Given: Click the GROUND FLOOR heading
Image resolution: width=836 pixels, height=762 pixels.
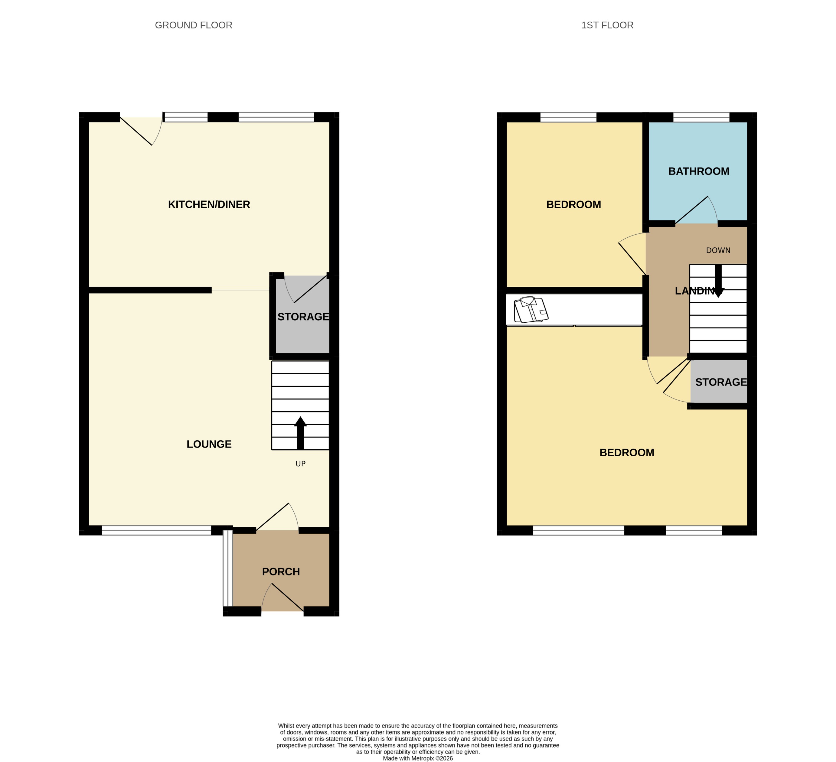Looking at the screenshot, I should tap(193, 25).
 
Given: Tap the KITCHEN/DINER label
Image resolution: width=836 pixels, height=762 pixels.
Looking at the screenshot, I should tap(209, 204).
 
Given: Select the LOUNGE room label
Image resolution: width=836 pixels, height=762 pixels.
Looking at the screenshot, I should tap(209, 444).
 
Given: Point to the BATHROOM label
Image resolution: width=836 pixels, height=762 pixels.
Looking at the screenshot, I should tap(698, 171).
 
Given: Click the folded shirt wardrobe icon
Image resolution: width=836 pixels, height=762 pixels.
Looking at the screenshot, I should tap(531, 309).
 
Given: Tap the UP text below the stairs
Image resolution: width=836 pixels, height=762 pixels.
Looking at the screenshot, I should tap(300, 464).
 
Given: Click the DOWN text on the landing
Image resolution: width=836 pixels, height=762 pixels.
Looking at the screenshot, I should tap(718, 250).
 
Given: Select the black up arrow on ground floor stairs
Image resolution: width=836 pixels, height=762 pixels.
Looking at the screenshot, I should tap(300, 433).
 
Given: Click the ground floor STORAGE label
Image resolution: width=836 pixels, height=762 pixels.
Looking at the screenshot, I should tap(303, 317).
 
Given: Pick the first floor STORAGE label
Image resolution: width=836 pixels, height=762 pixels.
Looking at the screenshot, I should tap(721, 382).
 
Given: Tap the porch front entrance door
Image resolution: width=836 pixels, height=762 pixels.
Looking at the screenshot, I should tap(282, 599).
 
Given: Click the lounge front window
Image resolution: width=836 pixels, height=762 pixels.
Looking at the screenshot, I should tap(156, 530).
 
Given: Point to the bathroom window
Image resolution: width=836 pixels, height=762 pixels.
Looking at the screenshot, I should tap(701, 117).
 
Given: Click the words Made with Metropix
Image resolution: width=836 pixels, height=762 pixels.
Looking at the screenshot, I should tap(408, 758).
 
